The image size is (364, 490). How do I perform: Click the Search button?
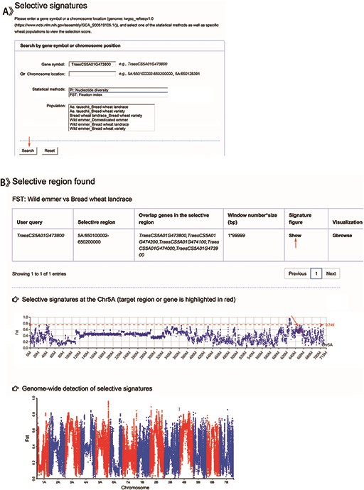[x=28, y=151]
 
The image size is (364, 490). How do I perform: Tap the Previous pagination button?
[x=296, y=273]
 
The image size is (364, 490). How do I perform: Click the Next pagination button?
[x=330, y=273]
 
